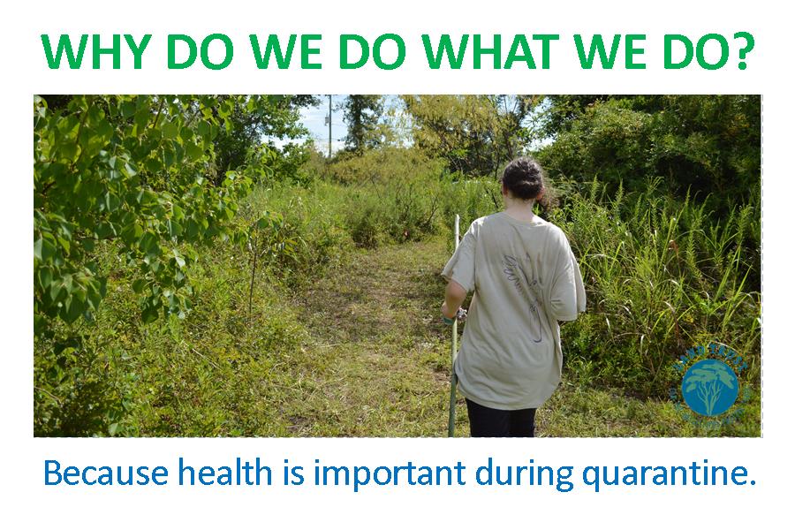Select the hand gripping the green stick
pos(454,311)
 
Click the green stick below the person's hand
pos(453,380)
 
